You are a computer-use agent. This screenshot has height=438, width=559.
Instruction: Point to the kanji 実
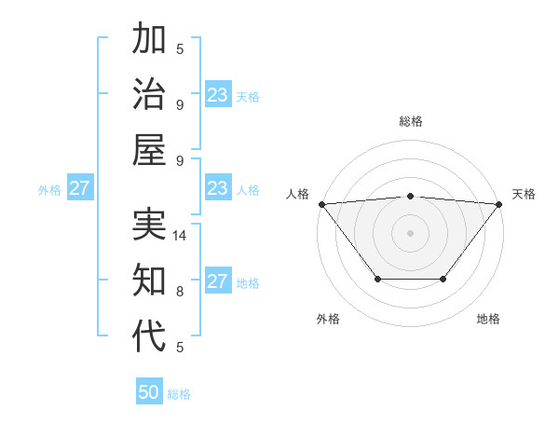point(150,226)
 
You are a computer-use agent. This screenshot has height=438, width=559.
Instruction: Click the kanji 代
point(150,335)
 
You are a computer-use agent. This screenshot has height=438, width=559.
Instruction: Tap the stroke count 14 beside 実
point(181,237)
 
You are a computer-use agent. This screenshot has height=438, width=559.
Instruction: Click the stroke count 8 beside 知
point(180,292)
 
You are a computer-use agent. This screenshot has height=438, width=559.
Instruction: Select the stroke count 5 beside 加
point(180,48)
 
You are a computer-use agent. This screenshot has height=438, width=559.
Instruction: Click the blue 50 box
point(149,392)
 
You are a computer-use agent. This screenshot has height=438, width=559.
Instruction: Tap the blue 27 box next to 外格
point(79,188)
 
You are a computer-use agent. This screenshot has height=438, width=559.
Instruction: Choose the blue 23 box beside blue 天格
point(217,95)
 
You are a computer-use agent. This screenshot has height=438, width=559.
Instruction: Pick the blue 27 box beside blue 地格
point(217,281)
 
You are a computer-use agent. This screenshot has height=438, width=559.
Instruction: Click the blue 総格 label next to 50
point(179,394)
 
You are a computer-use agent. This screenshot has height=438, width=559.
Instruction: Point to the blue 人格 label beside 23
point(248,190)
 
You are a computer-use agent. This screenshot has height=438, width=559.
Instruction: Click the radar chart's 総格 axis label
point(410,121)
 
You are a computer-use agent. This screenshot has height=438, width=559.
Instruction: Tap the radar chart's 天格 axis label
point(524,194)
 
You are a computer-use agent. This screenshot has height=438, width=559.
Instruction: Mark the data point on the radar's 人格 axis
point(321,203)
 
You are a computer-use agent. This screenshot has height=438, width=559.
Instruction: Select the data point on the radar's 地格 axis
point(443,279)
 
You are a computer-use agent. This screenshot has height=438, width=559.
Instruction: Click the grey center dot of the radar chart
point(410,232)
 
